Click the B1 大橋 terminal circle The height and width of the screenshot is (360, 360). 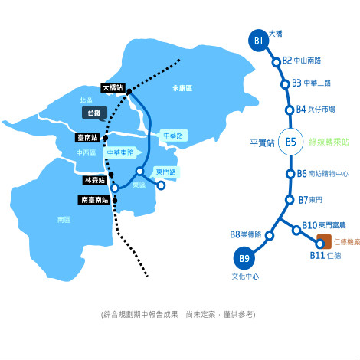click(259, 41)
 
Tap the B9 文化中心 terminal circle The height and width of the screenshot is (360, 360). click(244, 258)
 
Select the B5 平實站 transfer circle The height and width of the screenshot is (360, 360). click(291, 142)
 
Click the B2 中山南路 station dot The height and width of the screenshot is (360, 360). click(277, 62)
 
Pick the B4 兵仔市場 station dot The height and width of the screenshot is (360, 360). click(290, 110)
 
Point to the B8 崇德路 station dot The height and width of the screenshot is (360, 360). click(270, 235)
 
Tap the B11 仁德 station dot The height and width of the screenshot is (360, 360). click(319, 244)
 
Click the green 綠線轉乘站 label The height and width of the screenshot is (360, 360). click(329, 142)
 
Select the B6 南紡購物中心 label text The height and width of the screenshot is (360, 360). click(322, 174)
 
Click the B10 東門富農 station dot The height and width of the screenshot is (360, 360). click(296, 231)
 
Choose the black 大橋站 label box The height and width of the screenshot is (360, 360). click(113, 88)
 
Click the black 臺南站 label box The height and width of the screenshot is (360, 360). click(87, 138)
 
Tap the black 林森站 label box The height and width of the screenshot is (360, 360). click(95, 180)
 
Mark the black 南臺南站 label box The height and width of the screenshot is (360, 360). click(94, 200)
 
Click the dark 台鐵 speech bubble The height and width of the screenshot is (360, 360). click(94, 113)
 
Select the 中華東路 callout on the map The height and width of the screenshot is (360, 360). click(123, 152)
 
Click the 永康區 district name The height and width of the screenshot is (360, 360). click(182, 88)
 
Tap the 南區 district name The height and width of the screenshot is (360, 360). click(64, 220)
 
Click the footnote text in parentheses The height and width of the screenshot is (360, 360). click(178, 315)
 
